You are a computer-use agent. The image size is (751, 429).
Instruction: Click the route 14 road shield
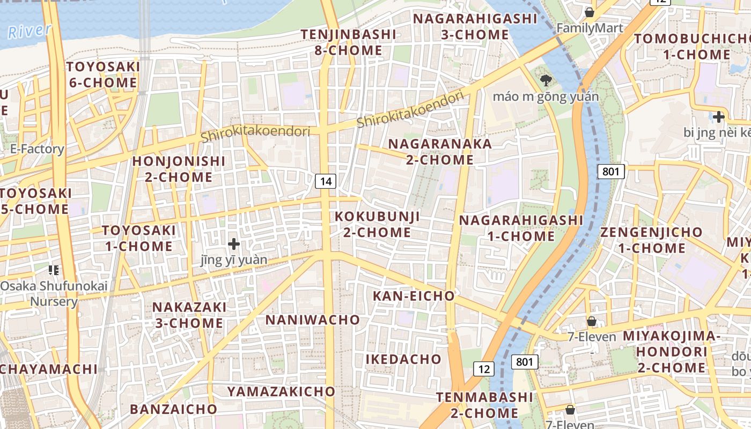tap(326, 181)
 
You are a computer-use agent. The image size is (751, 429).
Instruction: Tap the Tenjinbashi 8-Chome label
tap(348, 42)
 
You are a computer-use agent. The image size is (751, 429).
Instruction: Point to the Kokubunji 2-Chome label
tap(377, 224)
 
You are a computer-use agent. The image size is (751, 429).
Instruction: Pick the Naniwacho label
tap(313, 320)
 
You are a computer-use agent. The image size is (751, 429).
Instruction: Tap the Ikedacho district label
tap(403, 359)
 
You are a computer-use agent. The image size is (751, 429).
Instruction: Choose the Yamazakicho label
tap(281, 391)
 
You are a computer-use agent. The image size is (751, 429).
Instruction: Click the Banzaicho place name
tap(173, 409)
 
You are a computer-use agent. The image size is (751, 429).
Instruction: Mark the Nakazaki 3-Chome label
tap(189, 315)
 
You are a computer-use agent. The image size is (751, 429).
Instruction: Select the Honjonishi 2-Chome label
tap(179, 169)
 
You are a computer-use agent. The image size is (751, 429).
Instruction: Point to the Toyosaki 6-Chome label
tap(103, 75)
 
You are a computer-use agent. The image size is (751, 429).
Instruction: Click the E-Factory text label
tap(37, 149)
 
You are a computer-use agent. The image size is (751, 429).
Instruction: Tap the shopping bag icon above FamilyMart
tap(590, 12)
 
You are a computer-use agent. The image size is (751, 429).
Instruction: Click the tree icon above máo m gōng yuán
tap(546, 81)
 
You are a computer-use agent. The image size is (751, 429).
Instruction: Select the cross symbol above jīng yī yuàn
tap(234, 244)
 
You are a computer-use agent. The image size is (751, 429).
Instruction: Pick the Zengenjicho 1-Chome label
tap(651, 240)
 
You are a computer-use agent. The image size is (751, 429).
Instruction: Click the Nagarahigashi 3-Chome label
tap(475, 26)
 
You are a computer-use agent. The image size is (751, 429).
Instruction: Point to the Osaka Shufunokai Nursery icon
tap(53, 270)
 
